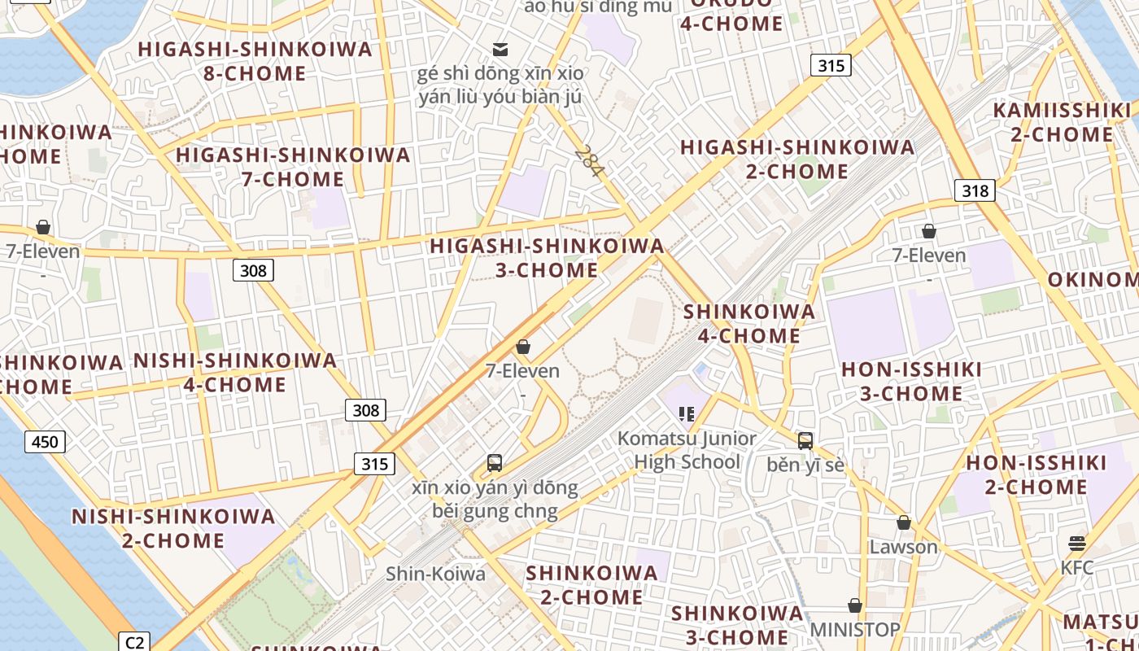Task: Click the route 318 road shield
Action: pyautogui.click(x=975, y=190)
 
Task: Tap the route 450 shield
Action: pyautogui.click(x=45, y=442)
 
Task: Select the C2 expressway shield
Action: pyautogui.click(x=134, y=641)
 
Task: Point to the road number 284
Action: pyautogui.click(x=589, y=161)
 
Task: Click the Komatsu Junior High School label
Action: pyautogui.click(x=687, y=450)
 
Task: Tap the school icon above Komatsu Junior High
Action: pyautogui.click(x=687, y=414)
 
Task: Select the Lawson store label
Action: pyautogui.click(x=903, y=547)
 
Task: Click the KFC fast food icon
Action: pyautogui.click(x=1077, y=543)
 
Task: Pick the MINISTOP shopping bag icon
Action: pyautogui.click(x=854, y=606)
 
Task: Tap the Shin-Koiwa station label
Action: pyautogui.click(x=435, y=574)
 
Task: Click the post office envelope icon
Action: pyautogui.click(x=500, y=50)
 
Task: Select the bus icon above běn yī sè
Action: pyautogui.click(x=805, y=441)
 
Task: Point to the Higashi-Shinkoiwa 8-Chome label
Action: pyautogui.click(x=255, y=61)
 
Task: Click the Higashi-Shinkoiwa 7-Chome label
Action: pyautogui.click(x=293, y=166)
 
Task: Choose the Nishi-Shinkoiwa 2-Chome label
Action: pyautogui.click(x=173, y=528)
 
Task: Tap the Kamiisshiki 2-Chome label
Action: pyautogui.click(x=1062, y=122)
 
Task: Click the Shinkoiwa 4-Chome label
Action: pyautogui.click(x=748, y=323)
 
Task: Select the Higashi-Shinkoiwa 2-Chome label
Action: pyautogui.click(x=797, y=159)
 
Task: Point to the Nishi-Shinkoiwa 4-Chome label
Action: pyautogui.click(x=234, y=372)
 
